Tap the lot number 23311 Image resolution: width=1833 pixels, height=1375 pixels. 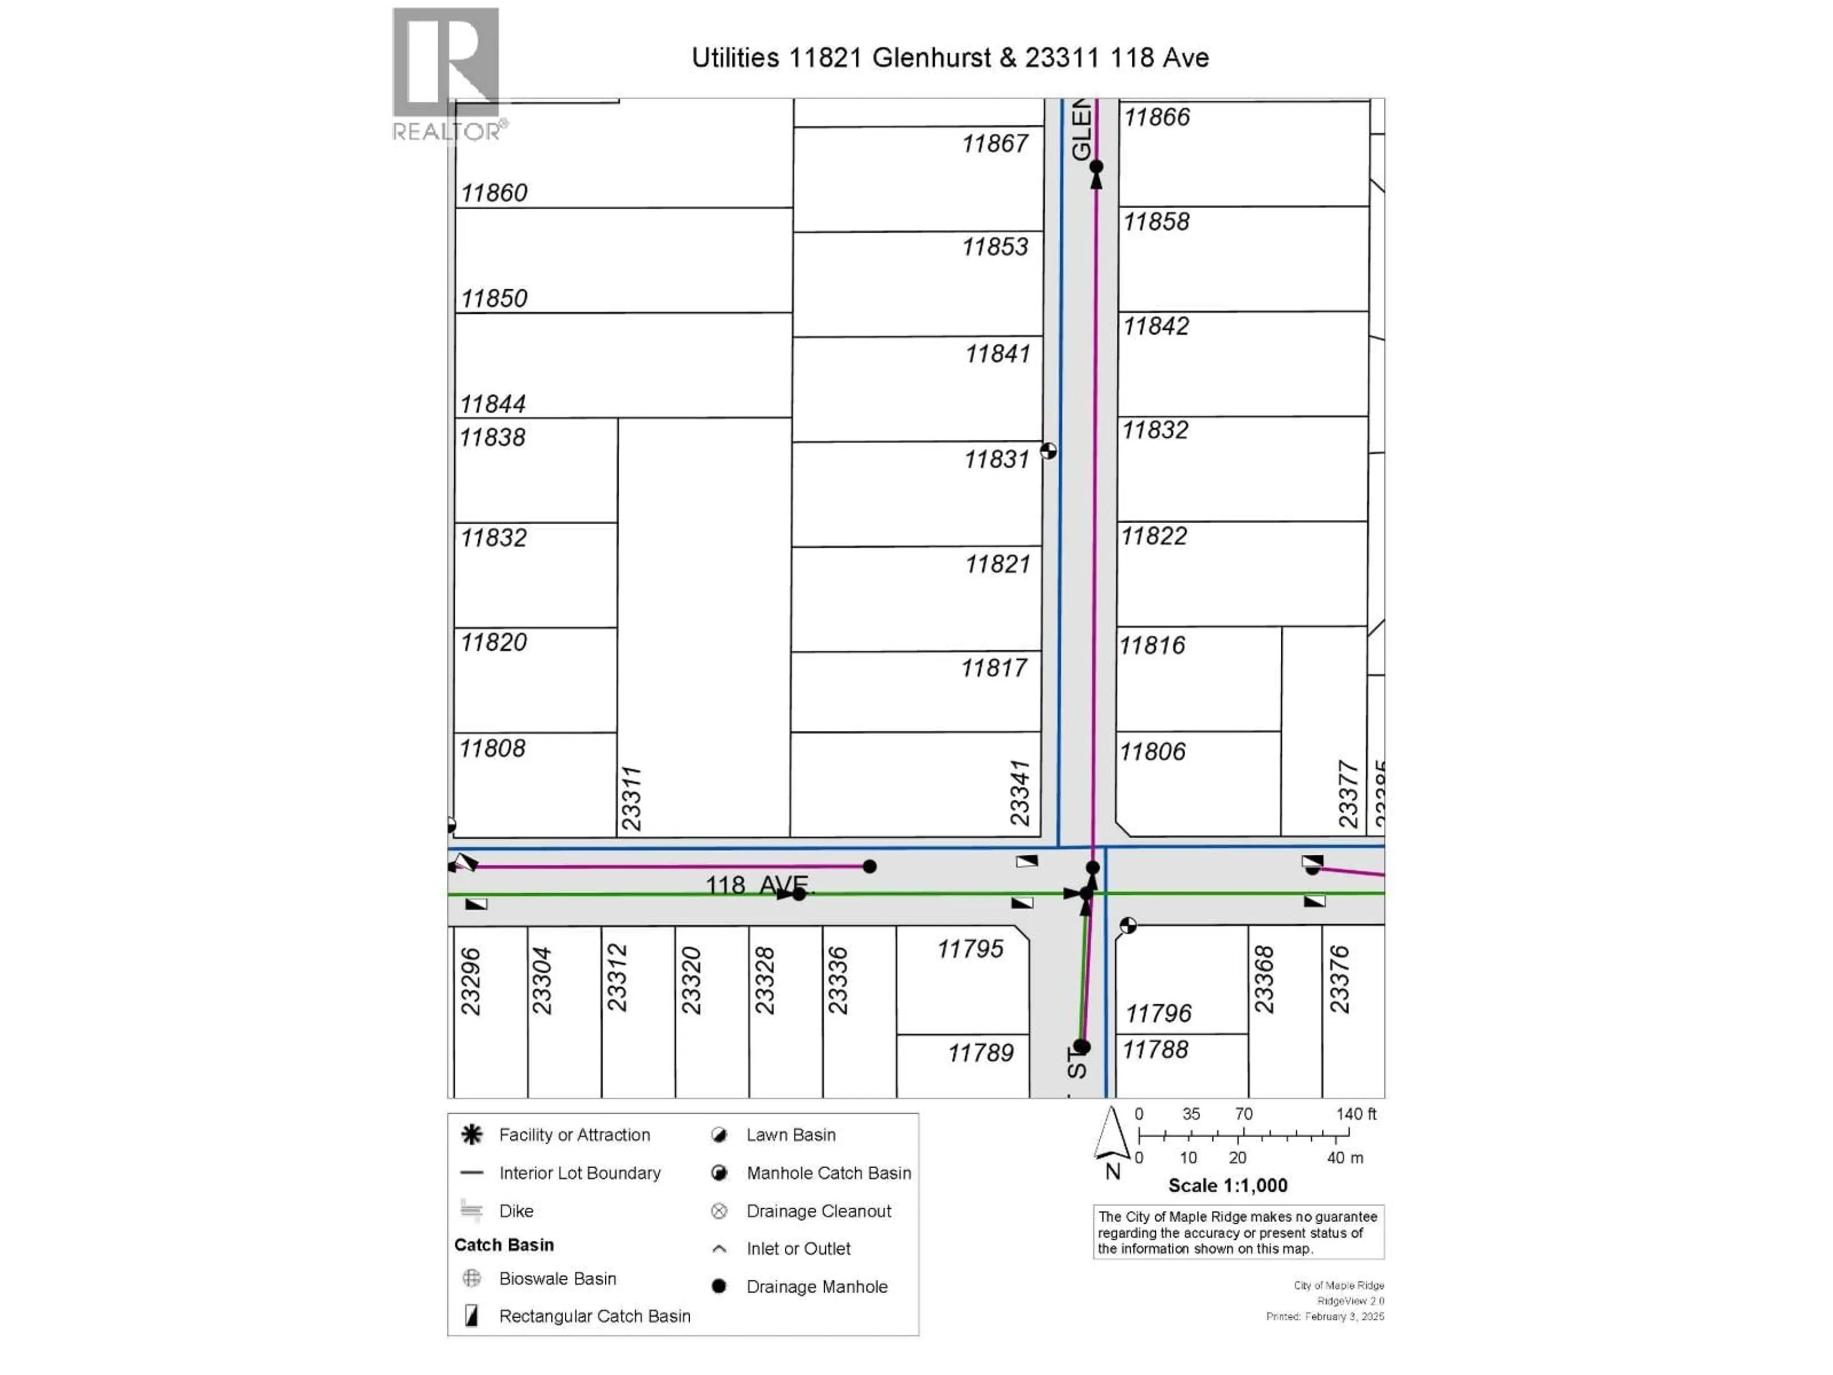632,798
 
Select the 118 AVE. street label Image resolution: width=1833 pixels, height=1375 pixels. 760,885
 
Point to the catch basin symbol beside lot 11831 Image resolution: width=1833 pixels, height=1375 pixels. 1048,451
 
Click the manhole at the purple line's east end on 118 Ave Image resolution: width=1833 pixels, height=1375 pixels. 869,866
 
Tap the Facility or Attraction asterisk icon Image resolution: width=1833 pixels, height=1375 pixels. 472,1135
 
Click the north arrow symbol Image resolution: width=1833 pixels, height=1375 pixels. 1111,1135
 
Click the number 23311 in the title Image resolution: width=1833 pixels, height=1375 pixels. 1062,58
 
